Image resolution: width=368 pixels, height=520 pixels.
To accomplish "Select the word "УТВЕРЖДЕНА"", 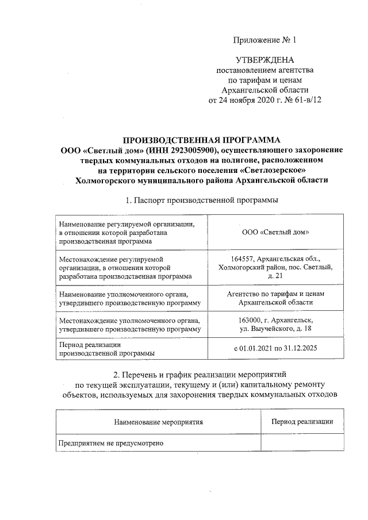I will click(x=264, y=60).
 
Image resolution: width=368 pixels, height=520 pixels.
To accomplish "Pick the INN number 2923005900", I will click(x=181, y=151).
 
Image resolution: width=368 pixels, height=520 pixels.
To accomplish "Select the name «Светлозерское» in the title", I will click(x=273, y=170).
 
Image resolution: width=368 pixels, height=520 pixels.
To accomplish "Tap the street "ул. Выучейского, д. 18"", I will click(x=275, y=329).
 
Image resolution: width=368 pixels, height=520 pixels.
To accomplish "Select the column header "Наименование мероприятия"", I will click(x=159, y=422).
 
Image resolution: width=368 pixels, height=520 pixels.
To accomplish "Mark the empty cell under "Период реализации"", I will click(x=302, y=443).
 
